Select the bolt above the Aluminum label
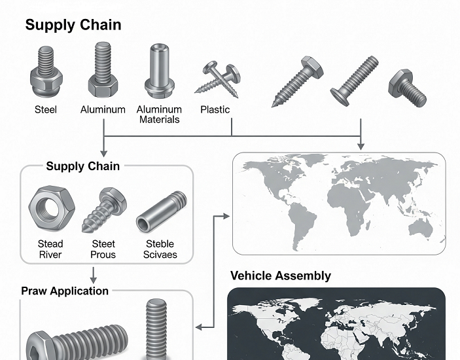103,69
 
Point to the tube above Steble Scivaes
161,211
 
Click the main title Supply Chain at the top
73,25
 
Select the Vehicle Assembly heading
280,276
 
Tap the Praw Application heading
65,291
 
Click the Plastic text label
215,110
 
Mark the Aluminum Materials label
159,115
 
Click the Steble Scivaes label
160,249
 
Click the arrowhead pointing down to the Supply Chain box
103,150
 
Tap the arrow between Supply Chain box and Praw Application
94,274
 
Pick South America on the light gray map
298,219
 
